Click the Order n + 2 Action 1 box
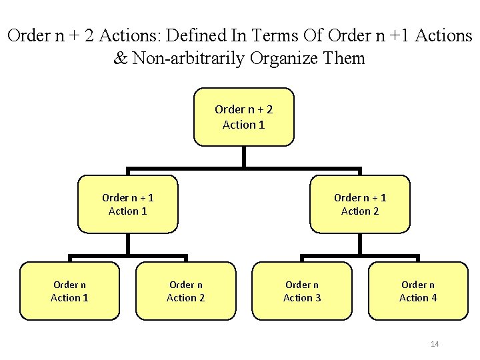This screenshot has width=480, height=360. pos(243,117)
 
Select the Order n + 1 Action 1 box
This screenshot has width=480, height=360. pos(128,204)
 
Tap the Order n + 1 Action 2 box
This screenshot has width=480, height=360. pos(360,204)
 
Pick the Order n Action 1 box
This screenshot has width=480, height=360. pos(69,291)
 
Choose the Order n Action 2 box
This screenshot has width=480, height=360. pos(186,291)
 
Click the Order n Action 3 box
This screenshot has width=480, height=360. pos(302,291)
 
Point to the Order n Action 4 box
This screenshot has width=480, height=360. pos(418,291)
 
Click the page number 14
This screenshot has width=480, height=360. pos(435,344)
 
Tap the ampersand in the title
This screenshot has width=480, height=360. pos(121,59)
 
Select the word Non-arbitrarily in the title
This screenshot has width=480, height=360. pos(189,59)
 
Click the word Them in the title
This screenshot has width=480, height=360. pos(343,59)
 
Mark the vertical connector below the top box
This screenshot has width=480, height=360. pos(244,157)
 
